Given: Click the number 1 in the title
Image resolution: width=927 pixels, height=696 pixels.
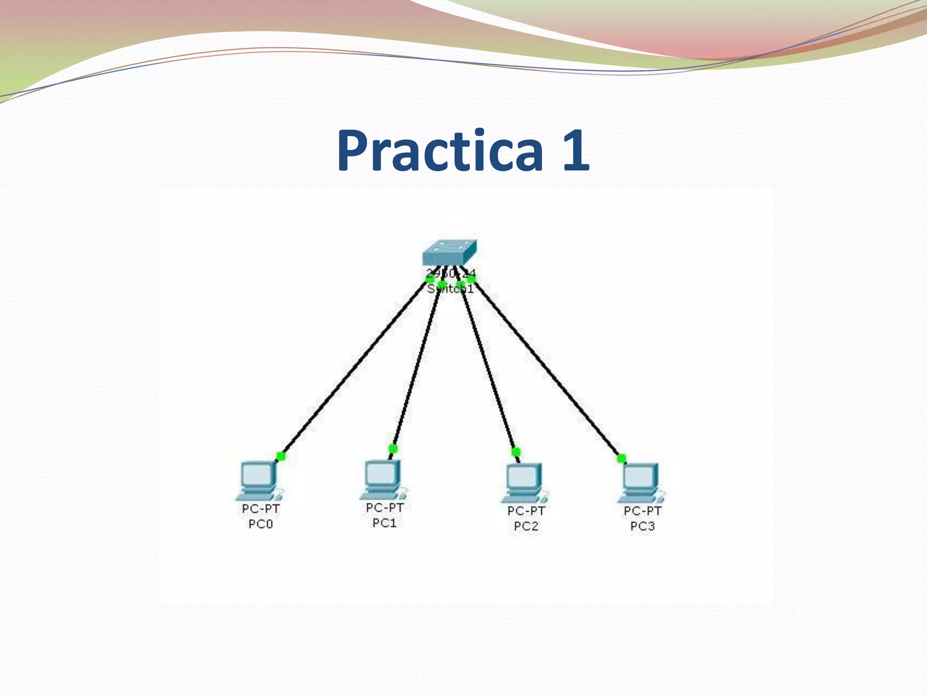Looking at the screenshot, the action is click(575, 151).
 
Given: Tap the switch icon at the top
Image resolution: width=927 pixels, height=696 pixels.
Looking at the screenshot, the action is click(449, 253).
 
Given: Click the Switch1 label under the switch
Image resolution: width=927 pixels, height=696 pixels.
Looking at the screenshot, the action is click(450, 289).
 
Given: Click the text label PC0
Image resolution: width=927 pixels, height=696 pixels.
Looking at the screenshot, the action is click(261, 524).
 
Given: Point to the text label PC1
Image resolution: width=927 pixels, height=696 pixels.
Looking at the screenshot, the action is click(384, 523).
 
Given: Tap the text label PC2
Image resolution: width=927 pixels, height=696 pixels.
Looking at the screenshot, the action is click(526, 526).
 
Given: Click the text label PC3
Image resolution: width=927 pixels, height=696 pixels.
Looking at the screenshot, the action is click(642, 526).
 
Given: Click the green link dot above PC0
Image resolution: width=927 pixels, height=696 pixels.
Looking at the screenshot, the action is click(281, 456).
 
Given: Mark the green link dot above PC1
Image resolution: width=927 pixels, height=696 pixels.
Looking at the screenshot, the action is click(393, 449).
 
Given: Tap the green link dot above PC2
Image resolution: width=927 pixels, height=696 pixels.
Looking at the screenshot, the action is click(516, 451).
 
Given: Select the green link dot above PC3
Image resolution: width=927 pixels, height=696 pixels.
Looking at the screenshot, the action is click(621, 458).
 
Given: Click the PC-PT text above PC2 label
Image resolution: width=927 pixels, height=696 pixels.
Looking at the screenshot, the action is click(526, 511).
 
